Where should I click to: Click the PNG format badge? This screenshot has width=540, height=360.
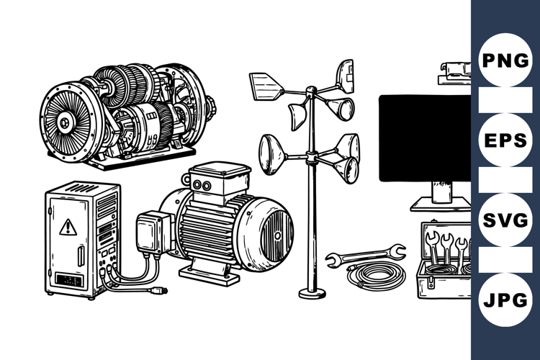coord(505,60)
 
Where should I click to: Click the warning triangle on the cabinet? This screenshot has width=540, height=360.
coord(68,227)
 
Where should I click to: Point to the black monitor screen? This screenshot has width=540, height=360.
coord(425,137)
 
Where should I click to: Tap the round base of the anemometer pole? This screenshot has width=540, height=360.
coord(312,292)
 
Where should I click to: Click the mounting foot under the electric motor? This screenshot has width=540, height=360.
coord(209,274)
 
